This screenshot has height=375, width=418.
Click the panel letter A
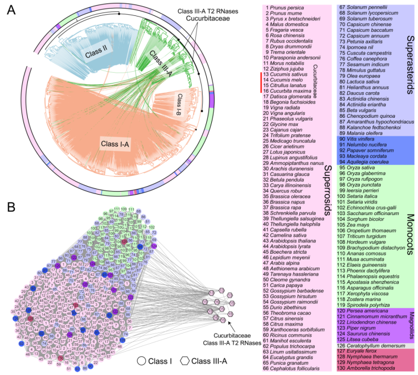coord(9,9)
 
